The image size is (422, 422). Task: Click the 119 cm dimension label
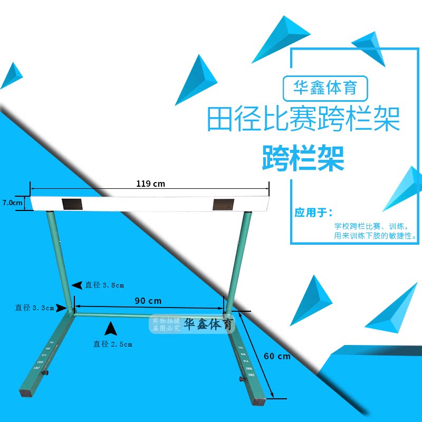pos(150,184)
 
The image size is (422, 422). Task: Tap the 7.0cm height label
pos(13,203)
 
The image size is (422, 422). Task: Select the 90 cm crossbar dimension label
pos(148,301)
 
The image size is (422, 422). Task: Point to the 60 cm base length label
pos(277,356)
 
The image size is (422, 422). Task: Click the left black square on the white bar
pos(71,204)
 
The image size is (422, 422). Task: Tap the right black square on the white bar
pos(222,204)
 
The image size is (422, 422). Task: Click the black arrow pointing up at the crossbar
pos(110,329)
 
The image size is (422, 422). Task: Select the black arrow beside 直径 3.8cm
pos(77,285)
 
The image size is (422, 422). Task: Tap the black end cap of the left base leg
pos(25,393)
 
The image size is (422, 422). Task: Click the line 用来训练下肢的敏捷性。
pos(375,236)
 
